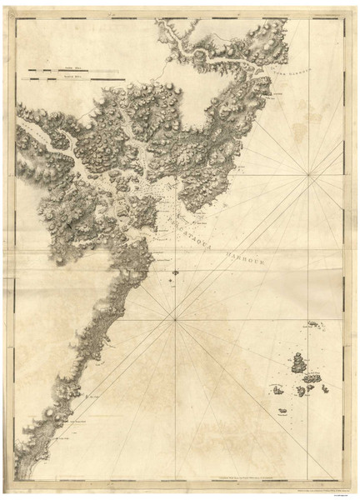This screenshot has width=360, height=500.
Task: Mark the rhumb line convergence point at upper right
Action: click(x=310, y=173)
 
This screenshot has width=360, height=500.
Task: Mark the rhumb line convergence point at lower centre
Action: click(x=175, y=318)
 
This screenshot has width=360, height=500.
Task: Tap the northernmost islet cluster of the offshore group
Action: click(x=315, y=323)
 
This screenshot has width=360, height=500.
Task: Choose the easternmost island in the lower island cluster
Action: click(x=322, y=387)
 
